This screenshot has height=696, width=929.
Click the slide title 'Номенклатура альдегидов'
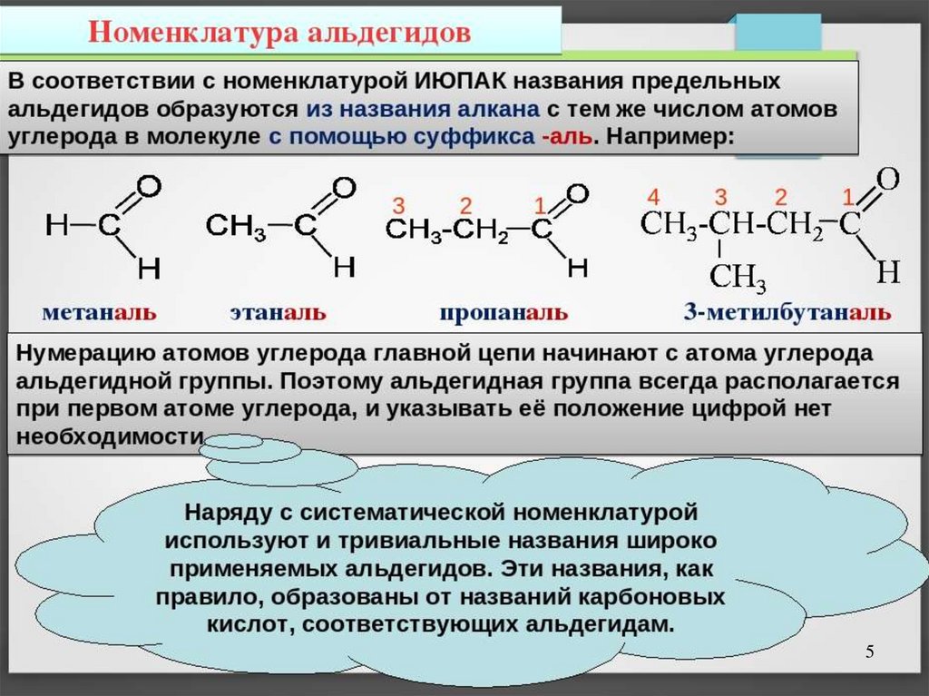[279, 34]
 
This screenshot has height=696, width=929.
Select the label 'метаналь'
[98, 313]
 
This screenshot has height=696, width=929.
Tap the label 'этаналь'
[277, 313]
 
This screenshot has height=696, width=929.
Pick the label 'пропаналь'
[504, 313]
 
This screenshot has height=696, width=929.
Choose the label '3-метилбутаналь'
[787, 313]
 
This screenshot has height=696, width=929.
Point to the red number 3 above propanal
[397, 203]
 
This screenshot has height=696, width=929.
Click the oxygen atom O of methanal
[150, 187]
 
